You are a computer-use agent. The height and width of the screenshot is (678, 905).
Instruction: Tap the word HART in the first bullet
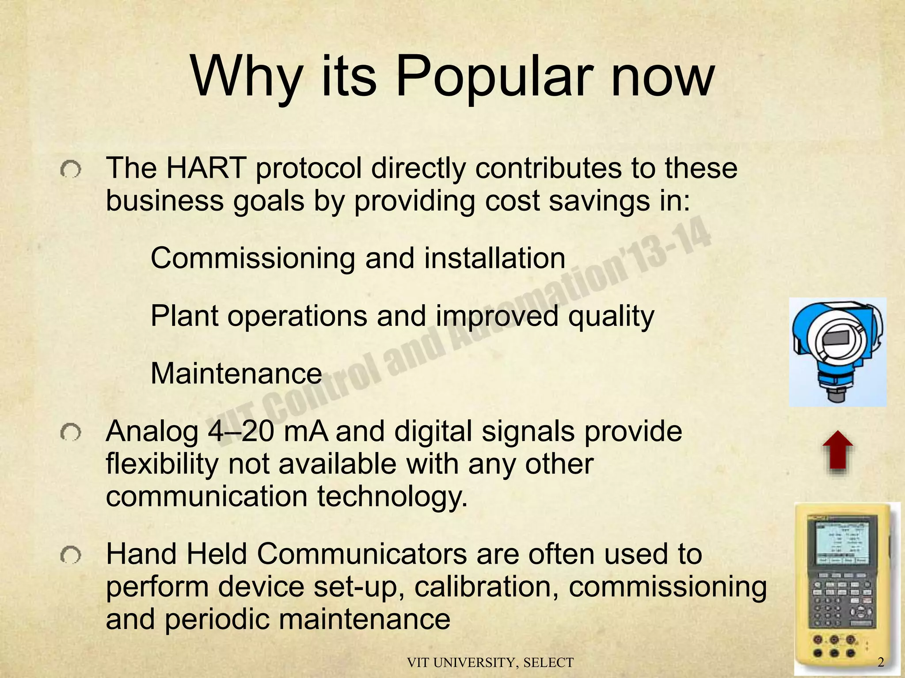(x=205, y=168)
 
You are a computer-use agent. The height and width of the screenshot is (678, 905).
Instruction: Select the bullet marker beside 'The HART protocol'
(x=71, y=169)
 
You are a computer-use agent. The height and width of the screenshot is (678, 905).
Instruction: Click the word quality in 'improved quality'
(x=611, y=316)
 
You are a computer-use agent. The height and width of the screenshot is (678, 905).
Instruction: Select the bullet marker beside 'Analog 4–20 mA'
(x=71, y=433)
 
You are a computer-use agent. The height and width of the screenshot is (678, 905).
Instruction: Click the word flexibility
(x=162, y=464)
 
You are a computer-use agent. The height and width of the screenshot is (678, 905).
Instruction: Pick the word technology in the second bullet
(x=392, y=497)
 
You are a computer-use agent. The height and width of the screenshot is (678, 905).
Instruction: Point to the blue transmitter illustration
(x=837, y=351)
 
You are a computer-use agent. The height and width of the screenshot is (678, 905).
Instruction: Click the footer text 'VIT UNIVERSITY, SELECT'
(x=490, y=663)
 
